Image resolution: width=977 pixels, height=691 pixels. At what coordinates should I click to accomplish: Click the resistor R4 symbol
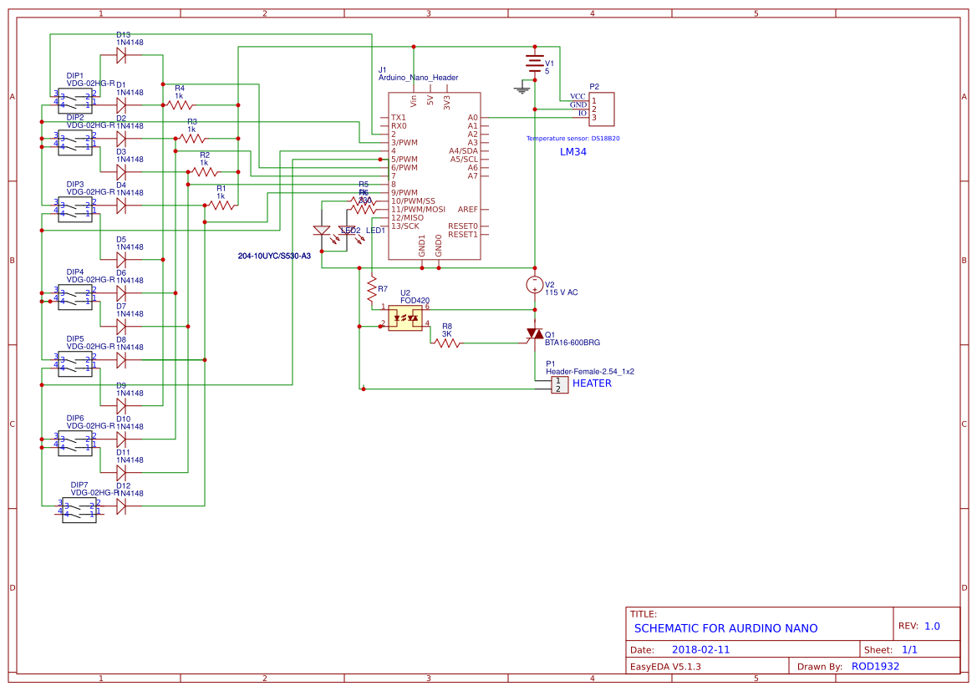pos(179,105)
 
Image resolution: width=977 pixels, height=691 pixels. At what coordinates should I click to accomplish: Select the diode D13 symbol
pos(121,55)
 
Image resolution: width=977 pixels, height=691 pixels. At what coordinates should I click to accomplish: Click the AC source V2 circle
pos(534,285)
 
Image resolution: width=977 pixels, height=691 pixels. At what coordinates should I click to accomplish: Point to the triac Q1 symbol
pos(534,334)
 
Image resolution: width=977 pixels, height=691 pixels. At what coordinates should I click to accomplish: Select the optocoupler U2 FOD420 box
pos(405,318)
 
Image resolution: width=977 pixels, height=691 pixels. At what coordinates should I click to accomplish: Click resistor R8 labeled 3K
pos(446,343)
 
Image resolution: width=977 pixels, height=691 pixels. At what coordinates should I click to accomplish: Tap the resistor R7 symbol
pos(372,290)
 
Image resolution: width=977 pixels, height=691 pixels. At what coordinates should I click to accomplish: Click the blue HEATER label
pos(592,384)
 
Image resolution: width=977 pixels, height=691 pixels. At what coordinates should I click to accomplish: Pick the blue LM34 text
pos(573,153)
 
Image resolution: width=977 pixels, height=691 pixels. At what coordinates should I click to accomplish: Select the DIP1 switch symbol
pos(75,100)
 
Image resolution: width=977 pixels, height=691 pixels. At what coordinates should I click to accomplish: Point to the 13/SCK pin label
pos(405,226)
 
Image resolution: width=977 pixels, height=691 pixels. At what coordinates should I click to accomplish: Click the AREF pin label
pos(468,210)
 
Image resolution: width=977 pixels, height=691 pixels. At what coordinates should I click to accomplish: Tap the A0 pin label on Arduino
pos(472,118)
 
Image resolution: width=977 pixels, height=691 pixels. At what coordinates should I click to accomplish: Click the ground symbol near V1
pos(523,87)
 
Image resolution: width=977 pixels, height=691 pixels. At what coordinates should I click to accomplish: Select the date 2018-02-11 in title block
pos(700,649)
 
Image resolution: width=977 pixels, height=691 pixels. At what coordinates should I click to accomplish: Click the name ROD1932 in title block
pos(875,667)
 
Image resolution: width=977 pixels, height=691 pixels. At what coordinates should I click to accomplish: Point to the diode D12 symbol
pos(121,506)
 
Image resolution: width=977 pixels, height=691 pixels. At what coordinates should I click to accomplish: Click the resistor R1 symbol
pos(221,205)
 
